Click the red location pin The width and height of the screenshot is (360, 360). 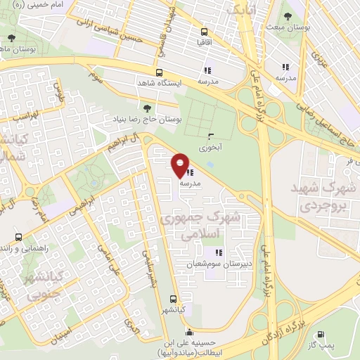point(180,165)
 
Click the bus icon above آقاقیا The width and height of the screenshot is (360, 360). point(204,32)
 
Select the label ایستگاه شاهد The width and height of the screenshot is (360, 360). point(178,82)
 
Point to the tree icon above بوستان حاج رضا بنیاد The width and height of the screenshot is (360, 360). point(147,108)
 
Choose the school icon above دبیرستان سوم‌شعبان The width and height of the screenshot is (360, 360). point(219,252)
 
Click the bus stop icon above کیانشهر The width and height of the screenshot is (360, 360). point(173,298)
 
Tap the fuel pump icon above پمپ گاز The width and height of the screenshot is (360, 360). point(322,335)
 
